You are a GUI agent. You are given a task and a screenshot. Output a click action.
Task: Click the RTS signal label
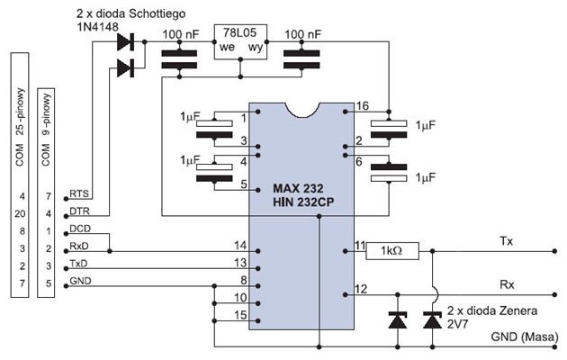(78, 195)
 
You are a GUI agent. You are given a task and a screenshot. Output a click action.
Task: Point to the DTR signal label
(78, 212)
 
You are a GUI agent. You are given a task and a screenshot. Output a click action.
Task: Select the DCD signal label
(79, 229)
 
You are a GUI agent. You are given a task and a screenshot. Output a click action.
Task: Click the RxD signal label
(79, 247)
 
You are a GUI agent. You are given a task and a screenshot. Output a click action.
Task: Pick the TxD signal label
(79, 265)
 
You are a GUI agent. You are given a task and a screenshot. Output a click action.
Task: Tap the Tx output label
(506, 242)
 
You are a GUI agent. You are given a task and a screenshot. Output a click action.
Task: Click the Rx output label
(506, 283)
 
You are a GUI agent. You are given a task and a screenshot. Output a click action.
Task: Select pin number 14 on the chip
(239, 244)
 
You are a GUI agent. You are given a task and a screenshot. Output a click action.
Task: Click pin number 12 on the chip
(362, 289)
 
